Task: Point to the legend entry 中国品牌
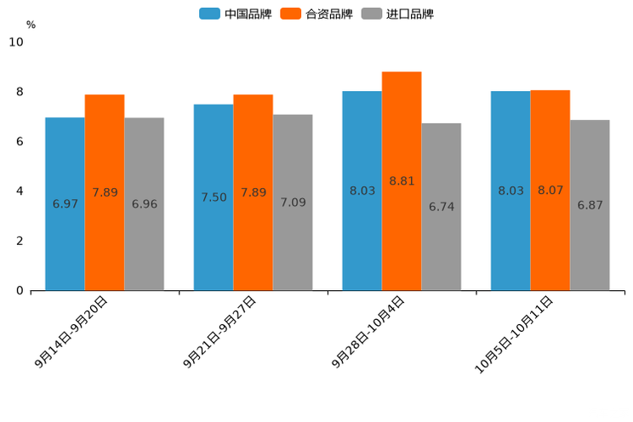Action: pos(236,14)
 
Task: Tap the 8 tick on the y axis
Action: pos(19,92)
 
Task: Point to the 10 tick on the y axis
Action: pos(16,42)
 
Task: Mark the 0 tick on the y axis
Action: pos(19,291)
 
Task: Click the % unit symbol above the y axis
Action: pos(31,25)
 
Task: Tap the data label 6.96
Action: pos(145,204)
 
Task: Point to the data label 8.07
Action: pos(550,191)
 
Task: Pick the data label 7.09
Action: pos(293,202)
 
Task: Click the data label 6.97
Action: pos(65,204)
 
